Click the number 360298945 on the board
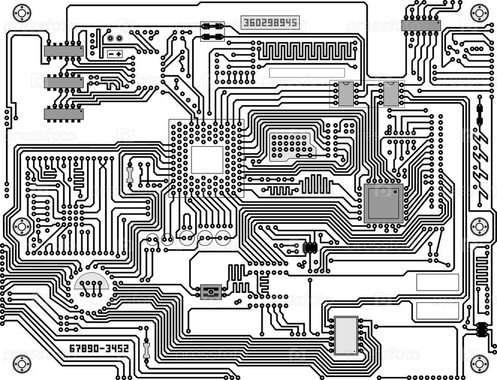click(271, 23)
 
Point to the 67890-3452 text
click(98, 348)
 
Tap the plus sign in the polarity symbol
click(118, 54)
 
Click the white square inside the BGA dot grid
click(207, 160)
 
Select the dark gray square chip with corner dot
click(383, 203)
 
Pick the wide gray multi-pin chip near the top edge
click(421, 25)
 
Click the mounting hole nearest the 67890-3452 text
click(22, 361)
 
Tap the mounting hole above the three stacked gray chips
click(22, 12)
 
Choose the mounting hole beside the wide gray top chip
click(479, 12)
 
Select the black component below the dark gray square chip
click(310, 247)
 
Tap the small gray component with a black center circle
click(210, 290)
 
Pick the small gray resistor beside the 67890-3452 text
click(147, 349)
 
